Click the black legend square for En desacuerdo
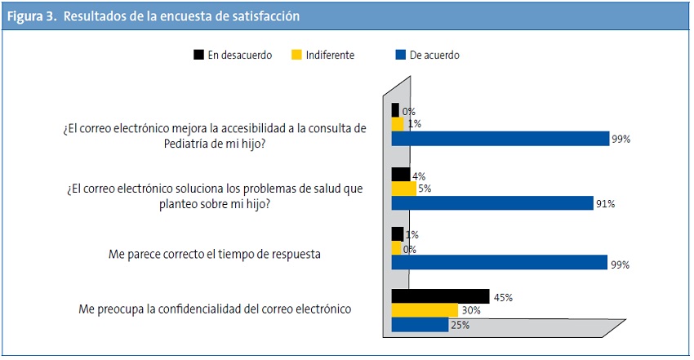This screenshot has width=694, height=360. [198, 56]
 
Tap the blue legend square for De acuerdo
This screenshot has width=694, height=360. [400, 56]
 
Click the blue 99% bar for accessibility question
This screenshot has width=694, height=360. [500, 139]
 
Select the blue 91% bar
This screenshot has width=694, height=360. [492, 203]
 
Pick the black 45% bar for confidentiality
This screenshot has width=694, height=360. [440, 297]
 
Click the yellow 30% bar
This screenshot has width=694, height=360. [425, 311]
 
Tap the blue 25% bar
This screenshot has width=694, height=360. [420, 325]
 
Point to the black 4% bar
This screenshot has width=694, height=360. [400, 175]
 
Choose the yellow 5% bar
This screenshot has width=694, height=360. [403, 189]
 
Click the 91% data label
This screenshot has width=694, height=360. [605, 204]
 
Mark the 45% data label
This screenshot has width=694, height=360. [502, 298]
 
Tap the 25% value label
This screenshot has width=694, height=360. [459, 325]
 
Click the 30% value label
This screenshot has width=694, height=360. [470, 311]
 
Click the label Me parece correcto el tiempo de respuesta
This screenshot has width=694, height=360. [214, 254]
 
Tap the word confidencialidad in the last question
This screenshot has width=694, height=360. [219, 309]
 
